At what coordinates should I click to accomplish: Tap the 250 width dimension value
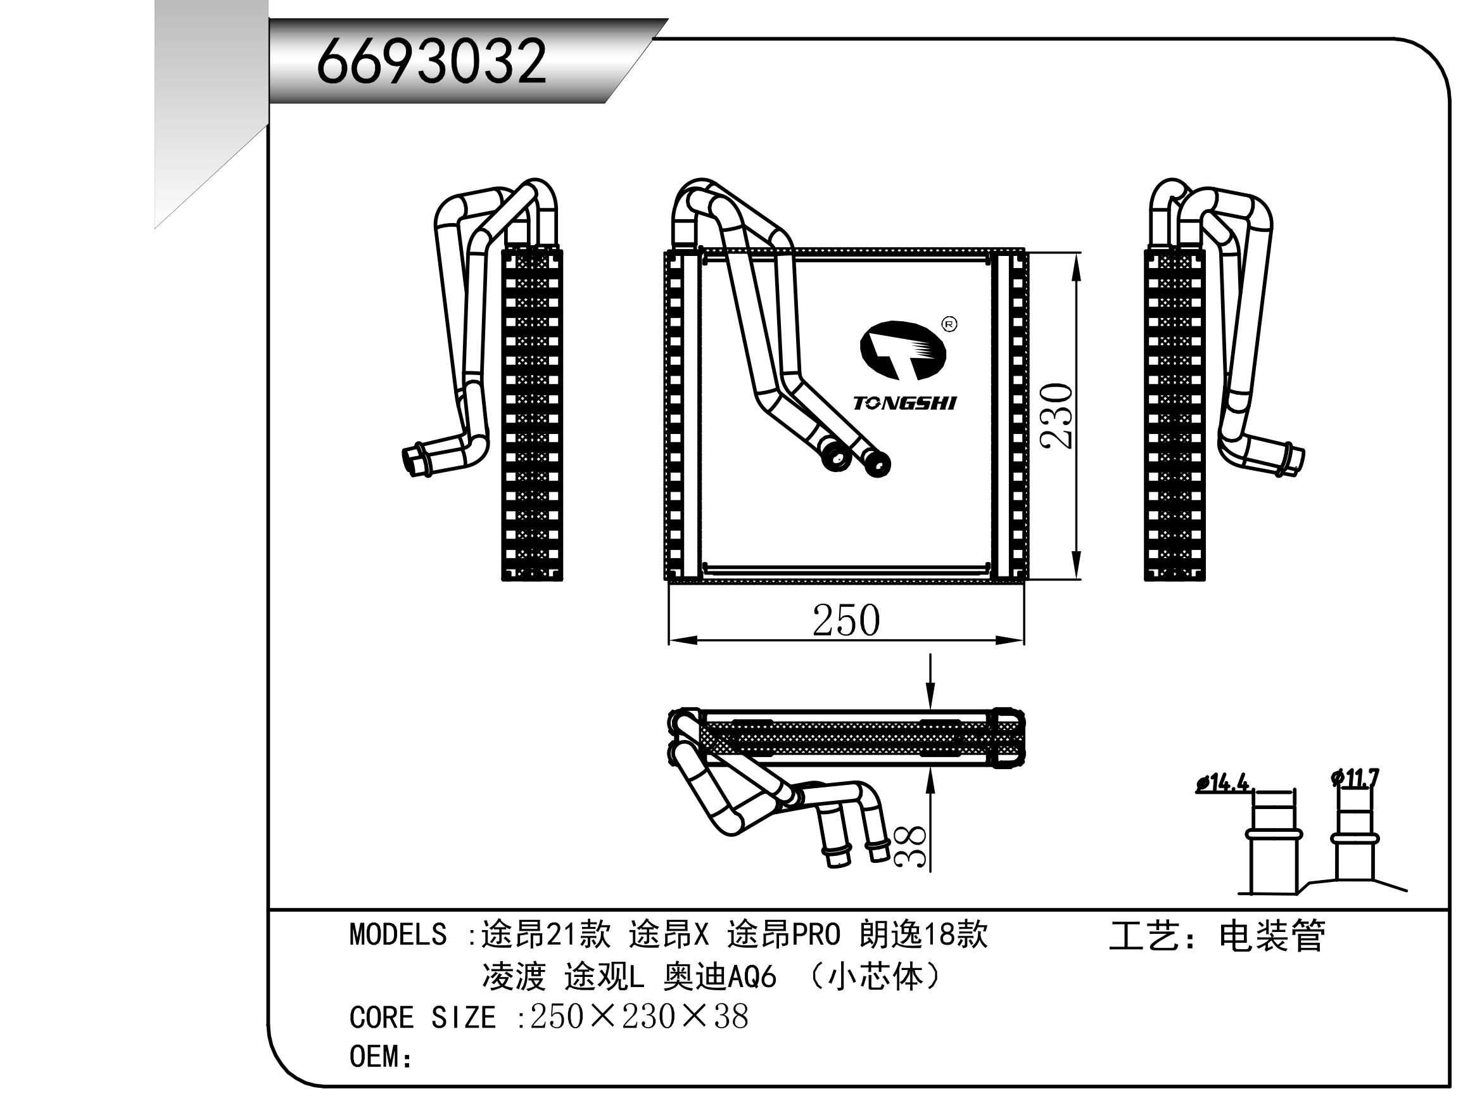click(845, 621)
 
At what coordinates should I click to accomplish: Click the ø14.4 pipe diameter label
click(1223, 783)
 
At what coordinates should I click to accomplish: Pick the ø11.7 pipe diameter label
click(1355, 778)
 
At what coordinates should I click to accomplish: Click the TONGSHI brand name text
click(904, 403)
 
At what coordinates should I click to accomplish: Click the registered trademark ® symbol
click(949, 324)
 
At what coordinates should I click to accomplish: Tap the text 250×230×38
click(638, 1017)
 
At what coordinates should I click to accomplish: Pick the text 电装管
click(1271, 936)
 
